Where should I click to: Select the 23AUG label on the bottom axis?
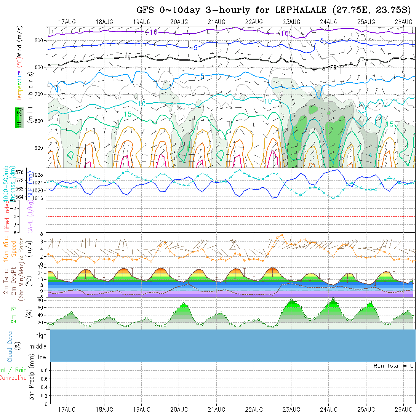point(291,409)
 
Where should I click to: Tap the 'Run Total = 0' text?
point(393,366)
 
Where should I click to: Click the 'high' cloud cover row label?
point(41,336)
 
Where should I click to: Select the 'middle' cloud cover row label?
point(38,346)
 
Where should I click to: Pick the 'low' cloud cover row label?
point(42,357)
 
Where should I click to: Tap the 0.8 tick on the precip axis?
point(43,370)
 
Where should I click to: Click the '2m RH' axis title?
point(14,313)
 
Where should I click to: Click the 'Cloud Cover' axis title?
point(10,346)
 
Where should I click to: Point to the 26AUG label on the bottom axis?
point(403,409)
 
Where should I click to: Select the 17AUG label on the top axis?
point(67,22)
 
